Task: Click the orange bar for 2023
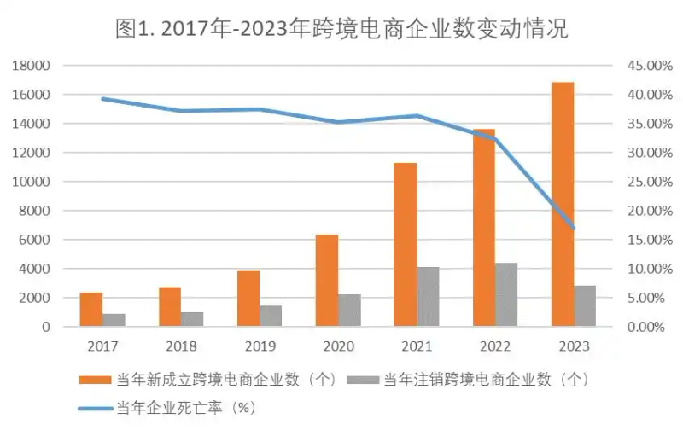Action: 562,205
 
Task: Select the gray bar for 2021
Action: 427,297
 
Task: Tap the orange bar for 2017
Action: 91,309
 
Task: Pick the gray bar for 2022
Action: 505,294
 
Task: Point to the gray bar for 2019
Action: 271,316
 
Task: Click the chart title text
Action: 341,29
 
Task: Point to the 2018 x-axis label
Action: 181,347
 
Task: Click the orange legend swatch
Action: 96,380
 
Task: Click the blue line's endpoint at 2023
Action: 574,228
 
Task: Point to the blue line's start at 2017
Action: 102,99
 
